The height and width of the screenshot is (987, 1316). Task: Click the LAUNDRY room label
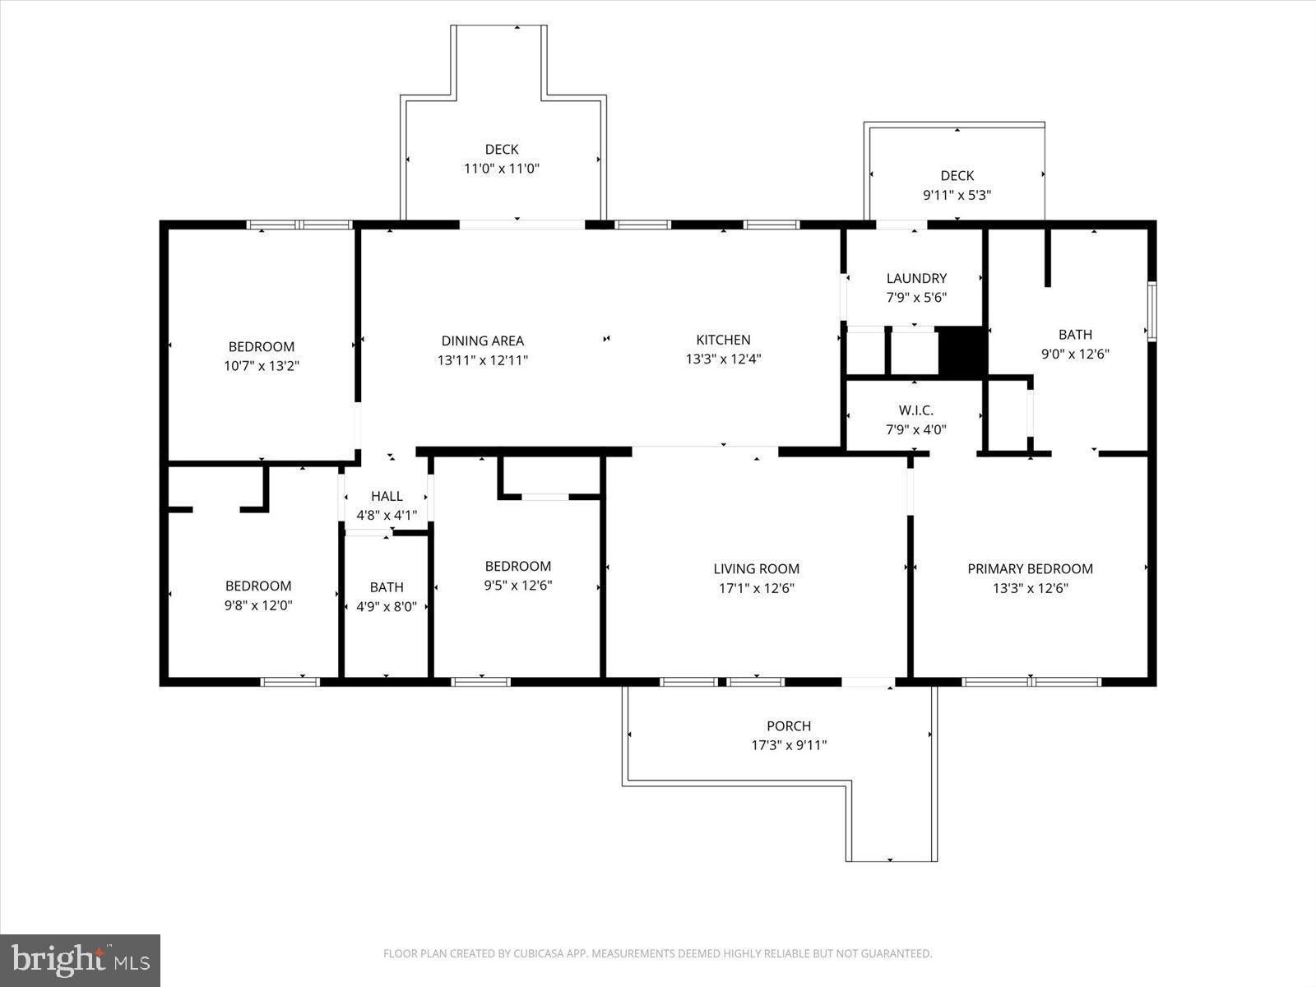[916, 278]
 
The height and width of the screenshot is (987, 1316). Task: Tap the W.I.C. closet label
[915, 410]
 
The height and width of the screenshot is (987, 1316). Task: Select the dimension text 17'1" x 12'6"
[756, 588]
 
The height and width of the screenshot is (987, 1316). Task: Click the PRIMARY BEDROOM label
[1030, 568]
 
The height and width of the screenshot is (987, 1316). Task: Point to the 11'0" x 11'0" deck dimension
[502, 169]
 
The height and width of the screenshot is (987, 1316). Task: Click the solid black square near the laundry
[962, 351]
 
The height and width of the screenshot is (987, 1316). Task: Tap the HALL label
[387, 496]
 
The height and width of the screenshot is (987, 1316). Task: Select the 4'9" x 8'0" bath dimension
[387, 607]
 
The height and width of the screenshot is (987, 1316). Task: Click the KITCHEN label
[723, 340]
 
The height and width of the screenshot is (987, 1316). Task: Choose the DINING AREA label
[482, 341]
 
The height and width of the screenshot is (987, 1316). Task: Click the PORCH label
[788, 725]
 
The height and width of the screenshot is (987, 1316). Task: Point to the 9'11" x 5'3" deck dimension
[957, 196]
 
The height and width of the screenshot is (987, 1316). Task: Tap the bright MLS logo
[80, 960]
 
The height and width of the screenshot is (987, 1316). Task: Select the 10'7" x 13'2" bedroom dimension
[261, 366]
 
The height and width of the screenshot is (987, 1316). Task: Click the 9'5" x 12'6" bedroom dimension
[517, 586]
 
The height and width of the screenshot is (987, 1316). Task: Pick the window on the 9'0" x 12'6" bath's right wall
[1151, 311]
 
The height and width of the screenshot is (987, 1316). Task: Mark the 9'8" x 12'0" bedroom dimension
[258, 605]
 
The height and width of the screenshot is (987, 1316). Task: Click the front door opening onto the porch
[868, 682]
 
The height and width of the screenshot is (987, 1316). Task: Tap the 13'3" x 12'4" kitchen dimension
[723, 359]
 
